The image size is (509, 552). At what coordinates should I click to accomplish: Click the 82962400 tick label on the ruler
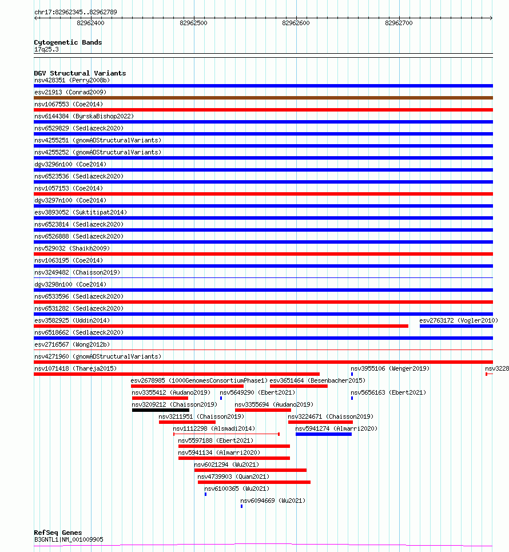tap(90, 23)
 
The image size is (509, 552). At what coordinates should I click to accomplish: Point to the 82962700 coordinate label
tap(399, 23)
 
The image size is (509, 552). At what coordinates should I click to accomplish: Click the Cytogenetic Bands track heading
tap(68, 42)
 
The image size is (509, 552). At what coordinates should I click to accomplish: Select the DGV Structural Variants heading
tap(79, 73)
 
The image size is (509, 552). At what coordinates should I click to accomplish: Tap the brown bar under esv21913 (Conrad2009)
tap(263, 98)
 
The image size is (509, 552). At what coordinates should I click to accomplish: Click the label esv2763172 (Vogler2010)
tap(458, 320)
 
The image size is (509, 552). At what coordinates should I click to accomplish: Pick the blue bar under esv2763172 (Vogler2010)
tap(456, 326)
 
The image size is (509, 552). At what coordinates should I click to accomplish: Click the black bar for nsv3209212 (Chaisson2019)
tap(160, 410)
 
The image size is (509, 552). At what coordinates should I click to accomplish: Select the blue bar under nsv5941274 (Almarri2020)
tap(323, 434)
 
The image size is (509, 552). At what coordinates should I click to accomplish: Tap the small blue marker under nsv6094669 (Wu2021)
tap(241, 506)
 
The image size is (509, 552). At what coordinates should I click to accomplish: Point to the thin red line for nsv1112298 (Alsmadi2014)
tap(226, 434)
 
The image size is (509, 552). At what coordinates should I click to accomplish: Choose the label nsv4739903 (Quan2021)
tap(233, 476)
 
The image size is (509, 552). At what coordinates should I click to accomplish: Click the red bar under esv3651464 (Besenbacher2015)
tap(299, 386)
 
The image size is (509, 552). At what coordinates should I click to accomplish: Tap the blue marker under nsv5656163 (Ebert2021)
tap(352, 398)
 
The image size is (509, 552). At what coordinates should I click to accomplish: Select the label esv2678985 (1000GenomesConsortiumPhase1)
tap(199, 380)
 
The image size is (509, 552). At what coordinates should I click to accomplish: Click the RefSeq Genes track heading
tap(58, 533)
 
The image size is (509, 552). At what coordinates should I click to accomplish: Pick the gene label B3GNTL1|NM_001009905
tap(69, 539)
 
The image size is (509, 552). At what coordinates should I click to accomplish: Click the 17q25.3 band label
tap(46, 49)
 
